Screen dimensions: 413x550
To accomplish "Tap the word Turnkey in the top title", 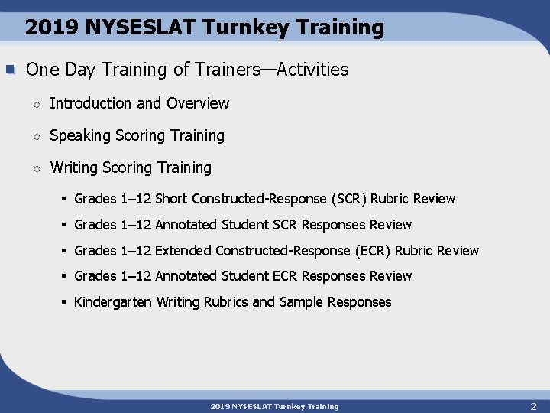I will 237,28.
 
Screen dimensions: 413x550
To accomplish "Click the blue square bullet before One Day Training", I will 11,70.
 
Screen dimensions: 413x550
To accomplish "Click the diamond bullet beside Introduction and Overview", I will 36,104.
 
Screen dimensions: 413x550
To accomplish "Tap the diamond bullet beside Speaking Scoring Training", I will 36,136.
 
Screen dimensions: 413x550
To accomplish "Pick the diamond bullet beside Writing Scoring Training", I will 36,168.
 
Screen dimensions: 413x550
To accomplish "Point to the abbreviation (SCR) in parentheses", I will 349,199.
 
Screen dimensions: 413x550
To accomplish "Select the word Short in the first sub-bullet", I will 171,199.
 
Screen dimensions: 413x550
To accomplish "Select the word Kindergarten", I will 113,302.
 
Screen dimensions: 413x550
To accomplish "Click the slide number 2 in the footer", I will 533,406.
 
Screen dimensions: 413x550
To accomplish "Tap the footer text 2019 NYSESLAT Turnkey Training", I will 274,406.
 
